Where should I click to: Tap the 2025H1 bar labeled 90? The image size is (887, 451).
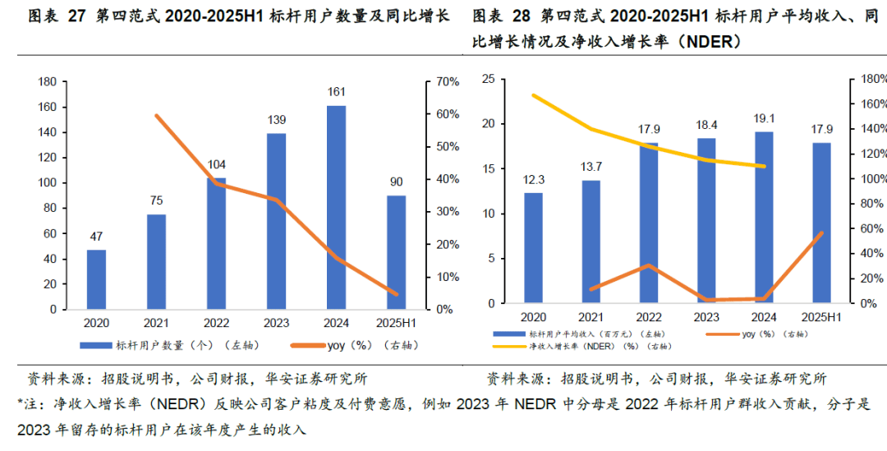tap(396, 252)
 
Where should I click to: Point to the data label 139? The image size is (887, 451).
tap(277, 120)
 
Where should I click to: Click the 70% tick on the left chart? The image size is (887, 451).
tap(447, 81)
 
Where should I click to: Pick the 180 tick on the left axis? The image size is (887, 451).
tap(47, 81)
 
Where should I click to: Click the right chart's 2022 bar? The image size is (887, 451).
tap(648, 223)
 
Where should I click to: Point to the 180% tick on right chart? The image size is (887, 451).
tap(873, 79)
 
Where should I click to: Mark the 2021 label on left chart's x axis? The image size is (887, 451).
tap(156, 324)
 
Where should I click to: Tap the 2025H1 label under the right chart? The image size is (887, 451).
tap(821, 317)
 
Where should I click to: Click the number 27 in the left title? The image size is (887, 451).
tap(76, 16)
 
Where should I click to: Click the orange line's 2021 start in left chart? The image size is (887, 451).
tap(156, 115)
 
